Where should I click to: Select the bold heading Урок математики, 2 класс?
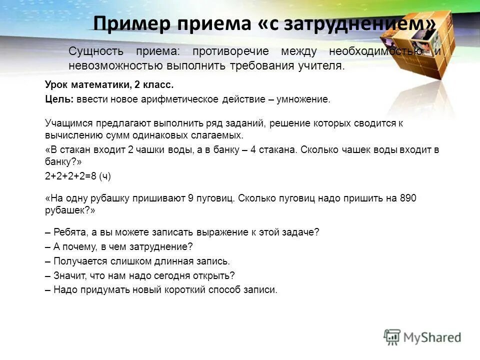[x=109, y=85]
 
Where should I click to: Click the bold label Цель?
[x=59, y=99]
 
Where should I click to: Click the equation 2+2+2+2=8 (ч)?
[x=78, y=175]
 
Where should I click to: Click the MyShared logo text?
[x=432, y=337]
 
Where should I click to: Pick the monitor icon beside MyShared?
[x=392, y=337]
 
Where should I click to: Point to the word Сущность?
[x=96, y=51]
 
